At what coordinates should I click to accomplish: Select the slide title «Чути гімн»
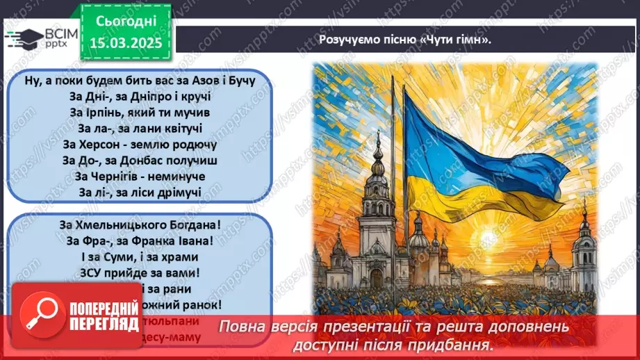click(x=405, y=40)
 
